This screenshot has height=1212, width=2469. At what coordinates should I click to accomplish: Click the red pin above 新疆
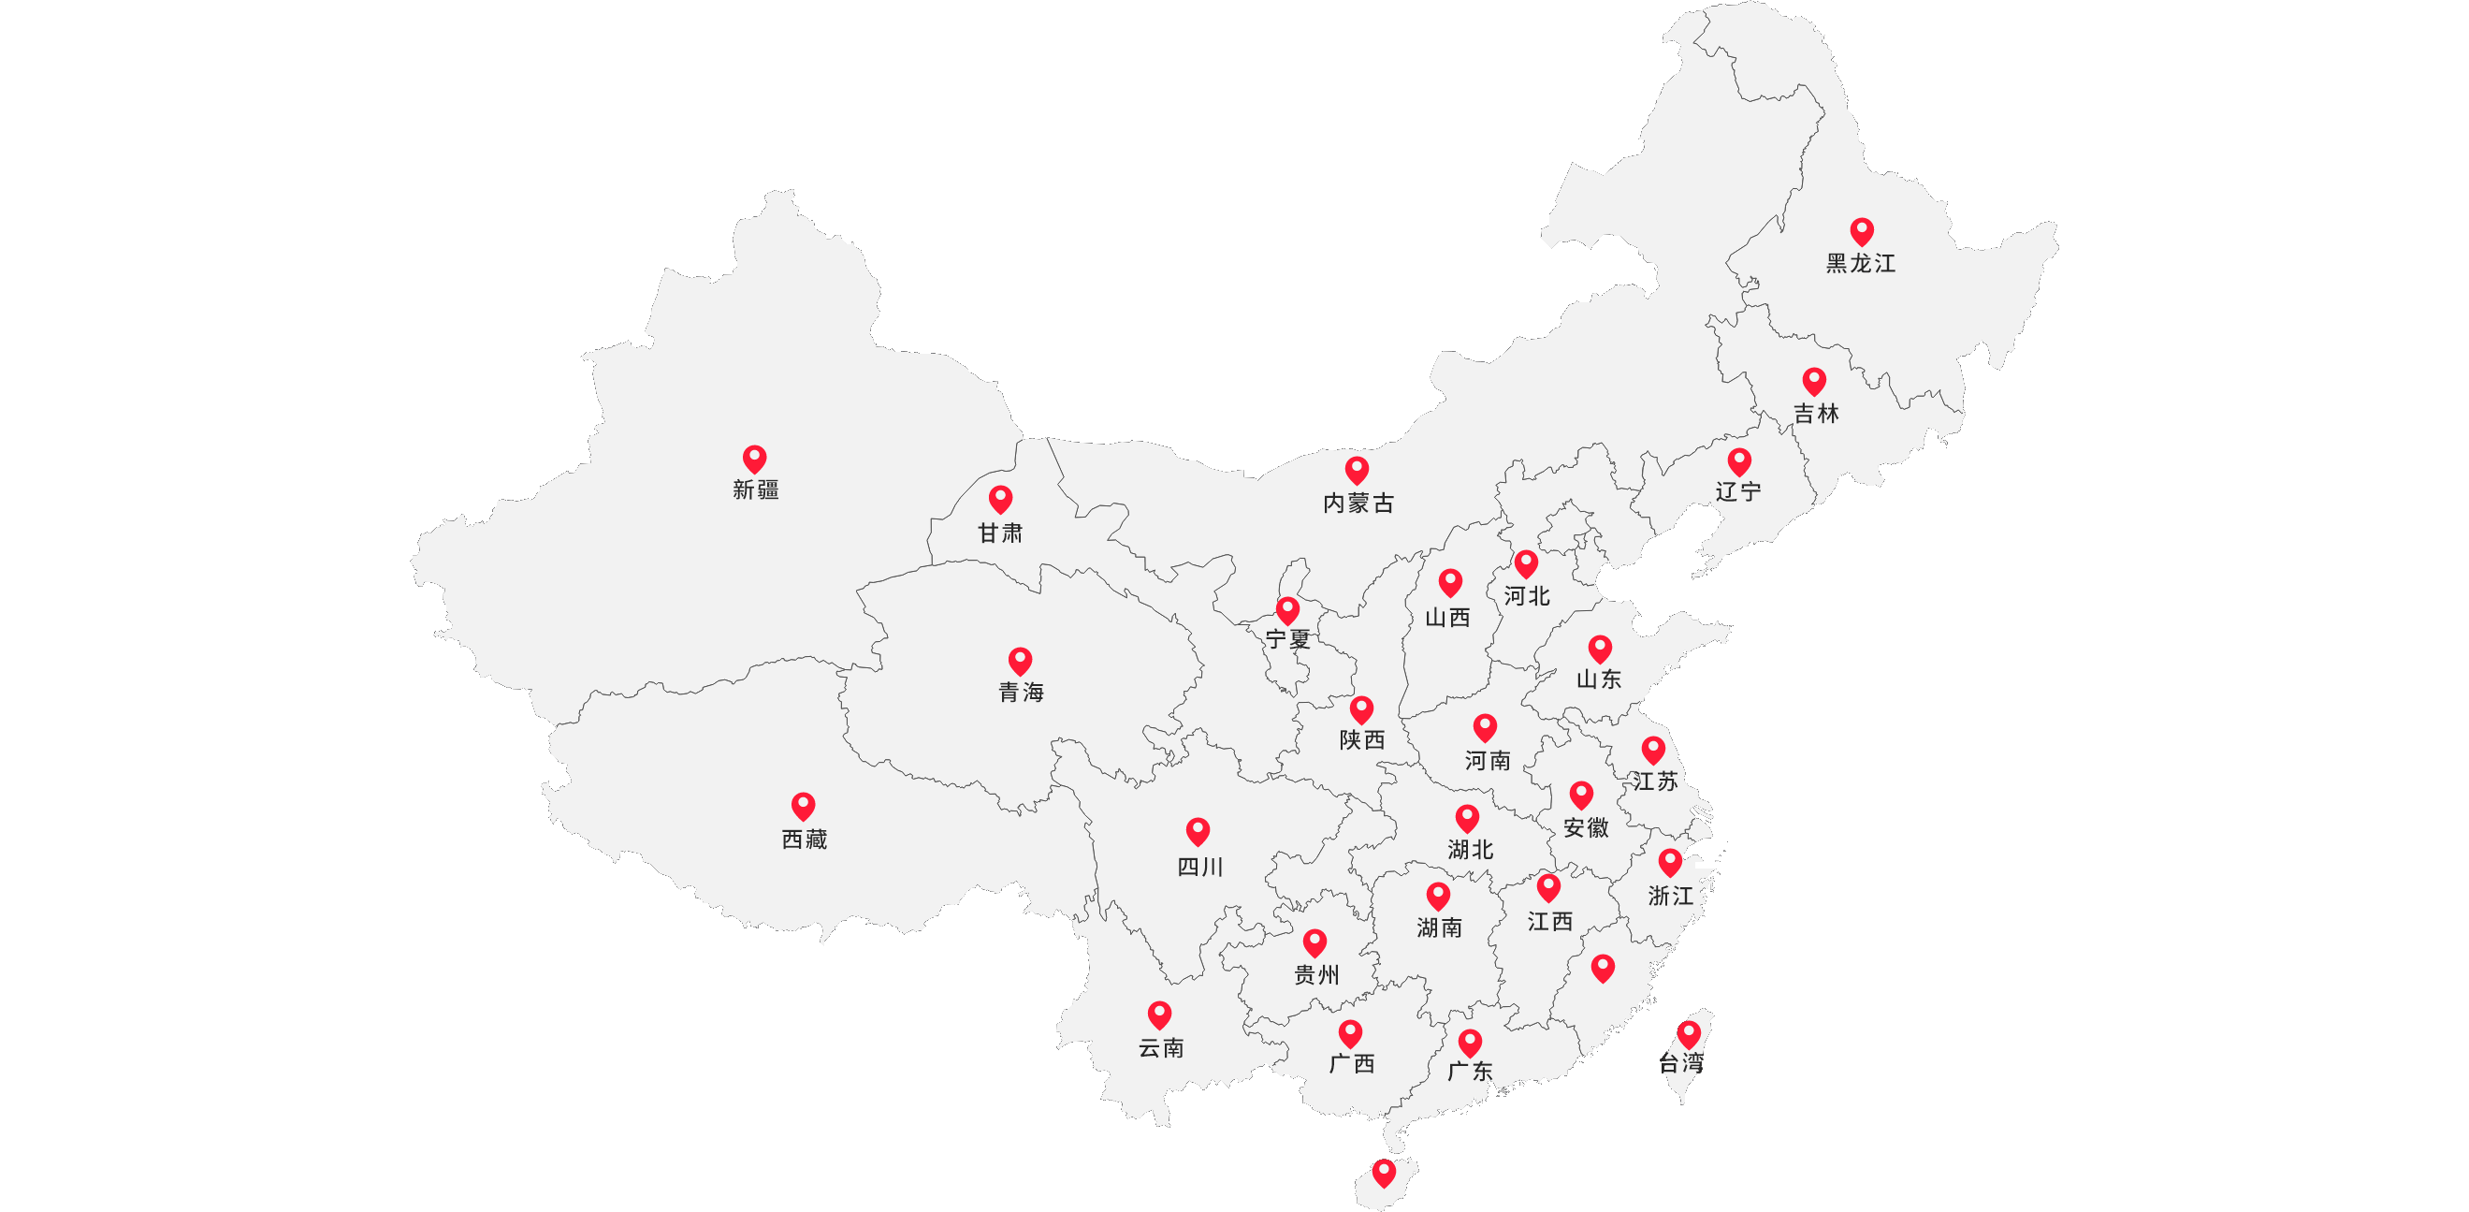[754, 459]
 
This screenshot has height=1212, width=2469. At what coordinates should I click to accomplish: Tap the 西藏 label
[805, 840]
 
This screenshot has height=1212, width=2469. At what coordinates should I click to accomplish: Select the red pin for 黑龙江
[1861, 231]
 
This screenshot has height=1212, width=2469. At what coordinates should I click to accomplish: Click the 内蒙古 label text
[1358, 504]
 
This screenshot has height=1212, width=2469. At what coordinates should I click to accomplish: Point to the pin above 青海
[1020, 661]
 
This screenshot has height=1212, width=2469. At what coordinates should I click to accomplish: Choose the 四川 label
[1200, 867]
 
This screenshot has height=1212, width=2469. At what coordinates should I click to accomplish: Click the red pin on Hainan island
[1383, 1172]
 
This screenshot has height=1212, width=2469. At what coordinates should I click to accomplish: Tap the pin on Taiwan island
[1689, 1033]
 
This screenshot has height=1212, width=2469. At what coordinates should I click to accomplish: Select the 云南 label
[1161, 1048]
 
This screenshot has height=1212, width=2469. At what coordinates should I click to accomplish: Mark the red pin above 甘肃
[1001, 499]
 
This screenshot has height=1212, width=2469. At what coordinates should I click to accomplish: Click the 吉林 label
[1816, 414]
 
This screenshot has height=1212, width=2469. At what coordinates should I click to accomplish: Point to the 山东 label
[1599, 679]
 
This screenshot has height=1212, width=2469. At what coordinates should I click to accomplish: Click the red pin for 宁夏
[1287, 610]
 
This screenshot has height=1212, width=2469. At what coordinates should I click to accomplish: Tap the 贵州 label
[1317, 975]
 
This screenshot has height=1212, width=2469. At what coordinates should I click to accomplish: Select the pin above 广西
[1350, 1032]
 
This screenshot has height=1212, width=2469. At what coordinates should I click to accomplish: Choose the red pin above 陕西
[1361, 709]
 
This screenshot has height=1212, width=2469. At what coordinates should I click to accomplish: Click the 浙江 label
[1671, 896]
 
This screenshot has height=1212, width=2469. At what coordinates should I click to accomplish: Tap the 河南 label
[1487, 760]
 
